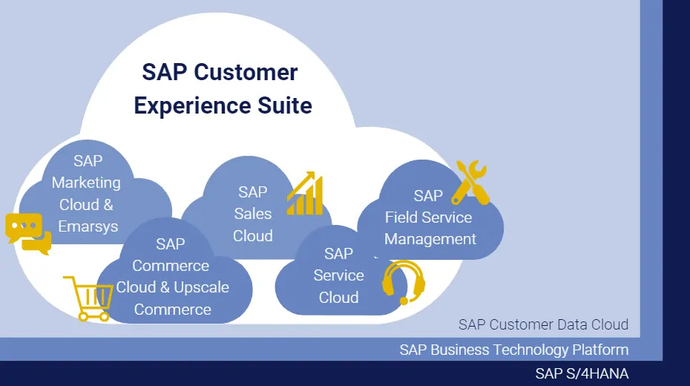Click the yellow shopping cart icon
(88, 298)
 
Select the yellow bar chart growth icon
(305, 194)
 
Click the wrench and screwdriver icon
(471, 183)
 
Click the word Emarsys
(88, 226)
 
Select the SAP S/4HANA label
(582, 373)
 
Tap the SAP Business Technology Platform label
(513, 350)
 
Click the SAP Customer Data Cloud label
(543, 324)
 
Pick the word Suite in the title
(282, 105)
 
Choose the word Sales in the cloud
(253, 214)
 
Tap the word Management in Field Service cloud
(430, 239)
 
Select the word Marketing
(86, 183)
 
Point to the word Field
(402, 217)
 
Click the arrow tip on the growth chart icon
(320, 176)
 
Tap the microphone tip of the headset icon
(404, 301)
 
